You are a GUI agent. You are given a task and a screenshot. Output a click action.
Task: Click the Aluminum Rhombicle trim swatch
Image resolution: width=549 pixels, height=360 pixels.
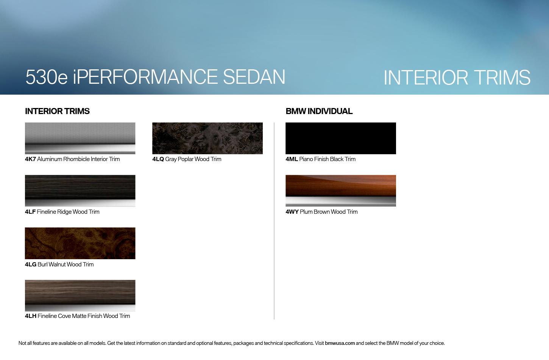(80, 138)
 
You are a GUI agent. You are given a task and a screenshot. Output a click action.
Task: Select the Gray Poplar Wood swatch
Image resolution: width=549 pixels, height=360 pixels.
(207, 138)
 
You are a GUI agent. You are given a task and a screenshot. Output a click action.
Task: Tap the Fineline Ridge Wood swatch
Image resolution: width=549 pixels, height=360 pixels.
(80, 191)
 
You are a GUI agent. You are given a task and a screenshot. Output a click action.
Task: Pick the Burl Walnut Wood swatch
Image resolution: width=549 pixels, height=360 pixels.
(80, 243)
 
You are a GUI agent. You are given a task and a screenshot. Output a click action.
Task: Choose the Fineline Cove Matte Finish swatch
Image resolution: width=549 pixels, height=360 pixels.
(80, 296)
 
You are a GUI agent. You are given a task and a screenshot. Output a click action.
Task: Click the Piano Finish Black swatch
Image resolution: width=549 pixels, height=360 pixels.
(341, 138)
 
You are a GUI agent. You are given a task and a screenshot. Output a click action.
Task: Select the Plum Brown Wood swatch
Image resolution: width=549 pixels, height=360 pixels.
(341, 191)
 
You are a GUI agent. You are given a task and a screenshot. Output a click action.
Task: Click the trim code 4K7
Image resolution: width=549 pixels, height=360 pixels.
(30, 159)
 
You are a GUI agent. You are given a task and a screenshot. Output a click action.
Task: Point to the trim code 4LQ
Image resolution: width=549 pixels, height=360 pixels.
(158, 159)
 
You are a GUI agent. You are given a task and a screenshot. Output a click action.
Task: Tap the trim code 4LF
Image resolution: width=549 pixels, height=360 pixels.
(30, 212)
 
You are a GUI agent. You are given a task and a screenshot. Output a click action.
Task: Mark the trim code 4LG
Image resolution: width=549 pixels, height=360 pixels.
(31, 265)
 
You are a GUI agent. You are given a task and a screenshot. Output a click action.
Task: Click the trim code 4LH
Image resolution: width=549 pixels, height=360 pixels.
(31, 316)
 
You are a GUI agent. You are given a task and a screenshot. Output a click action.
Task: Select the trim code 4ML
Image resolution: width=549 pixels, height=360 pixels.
(292, 159)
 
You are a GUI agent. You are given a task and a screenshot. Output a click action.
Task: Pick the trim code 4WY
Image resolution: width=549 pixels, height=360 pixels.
(292, 212)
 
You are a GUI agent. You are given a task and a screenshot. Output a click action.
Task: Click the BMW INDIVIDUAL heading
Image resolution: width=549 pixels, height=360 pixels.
(319, 111)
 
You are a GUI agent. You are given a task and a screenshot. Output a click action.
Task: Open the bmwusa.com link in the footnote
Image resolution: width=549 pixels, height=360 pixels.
(340, 343)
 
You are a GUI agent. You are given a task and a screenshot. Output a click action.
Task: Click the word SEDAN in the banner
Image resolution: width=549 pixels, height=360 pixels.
(254, 77)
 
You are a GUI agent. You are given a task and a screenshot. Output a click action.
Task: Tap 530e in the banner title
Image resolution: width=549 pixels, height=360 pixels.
(47, 77)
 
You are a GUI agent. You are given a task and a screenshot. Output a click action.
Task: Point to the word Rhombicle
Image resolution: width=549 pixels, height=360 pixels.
(76, 159)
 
